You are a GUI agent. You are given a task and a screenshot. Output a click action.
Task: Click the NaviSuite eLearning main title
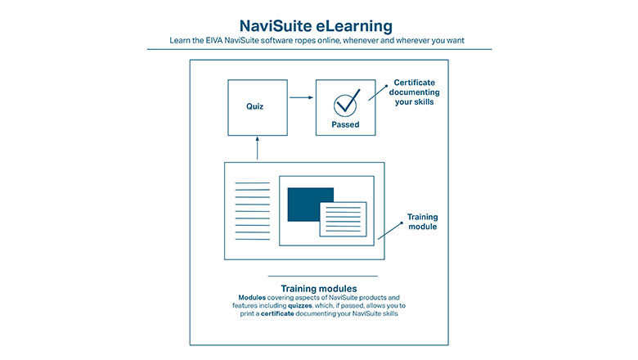[x=317, y=26]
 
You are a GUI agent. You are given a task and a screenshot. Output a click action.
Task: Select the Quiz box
[x=258, y=107]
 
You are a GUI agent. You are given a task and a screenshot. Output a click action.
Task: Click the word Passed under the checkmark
[x=345, y=124]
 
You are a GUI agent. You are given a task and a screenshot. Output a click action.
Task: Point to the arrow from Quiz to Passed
[x=302, y=97]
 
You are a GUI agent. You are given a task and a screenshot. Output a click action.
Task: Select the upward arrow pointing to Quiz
[x=257, y=148]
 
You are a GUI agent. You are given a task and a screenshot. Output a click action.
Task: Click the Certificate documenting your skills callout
[x=414, y=92]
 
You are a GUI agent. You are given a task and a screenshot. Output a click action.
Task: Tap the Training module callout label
[x=422, y=222]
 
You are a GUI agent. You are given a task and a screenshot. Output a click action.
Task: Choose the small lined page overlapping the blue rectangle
[x=343, y=219]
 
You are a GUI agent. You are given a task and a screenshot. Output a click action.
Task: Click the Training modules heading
[x=319, y=288]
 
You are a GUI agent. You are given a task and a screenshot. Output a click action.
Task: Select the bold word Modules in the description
[x=252, y=297]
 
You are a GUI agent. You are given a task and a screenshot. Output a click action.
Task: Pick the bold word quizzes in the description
[x=300, y=305]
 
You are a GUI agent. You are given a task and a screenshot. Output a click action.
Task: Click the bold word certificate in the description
[x=277, y=313]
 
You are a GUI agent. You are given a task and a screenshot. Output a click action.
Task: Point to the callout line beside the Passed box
[x=378, y=92]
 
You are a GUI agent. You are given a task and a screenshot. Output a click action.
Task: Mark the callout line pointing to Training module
[x=390, y=231]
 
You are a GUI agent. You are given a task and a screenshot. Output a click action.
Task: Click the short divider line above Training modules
[x=322, y=276]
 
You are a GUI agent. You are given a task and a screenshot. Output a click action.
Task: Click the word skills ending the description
[x=389, y=313]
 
